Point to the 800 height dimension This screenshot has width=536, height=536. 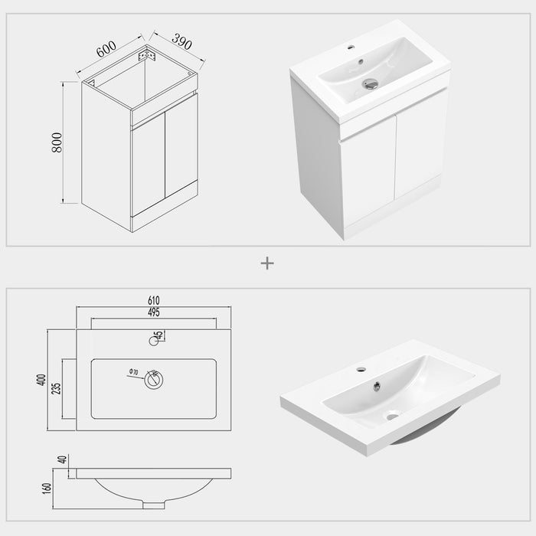click(57, 142)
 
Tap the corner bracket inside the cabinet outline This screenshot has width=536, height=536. click(146, 54)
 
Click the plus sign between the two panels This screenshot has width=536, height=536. click(267, 263)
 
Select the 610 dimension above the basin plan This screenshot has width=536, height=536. click(154, 300)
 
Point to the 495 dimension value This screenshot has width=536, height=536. click(154, 313)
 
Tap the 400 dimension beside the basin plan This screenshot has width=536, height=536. click(42, 379)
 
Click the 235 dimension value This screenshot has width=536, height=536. click(57, 388)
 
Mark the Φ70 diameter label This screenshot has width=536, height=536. click(132, 373)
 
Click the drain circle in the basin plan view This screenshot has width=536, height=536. click(154, 380)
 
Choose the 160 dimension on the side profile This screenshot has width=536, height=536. click(47, 487)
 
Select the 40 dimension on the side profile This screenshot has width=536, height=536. click(62, 460)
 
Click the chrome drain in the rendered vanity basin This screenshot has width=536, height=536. click(371, 83)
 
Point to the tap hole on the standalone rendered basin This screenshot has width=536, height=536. click(361, 370)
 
